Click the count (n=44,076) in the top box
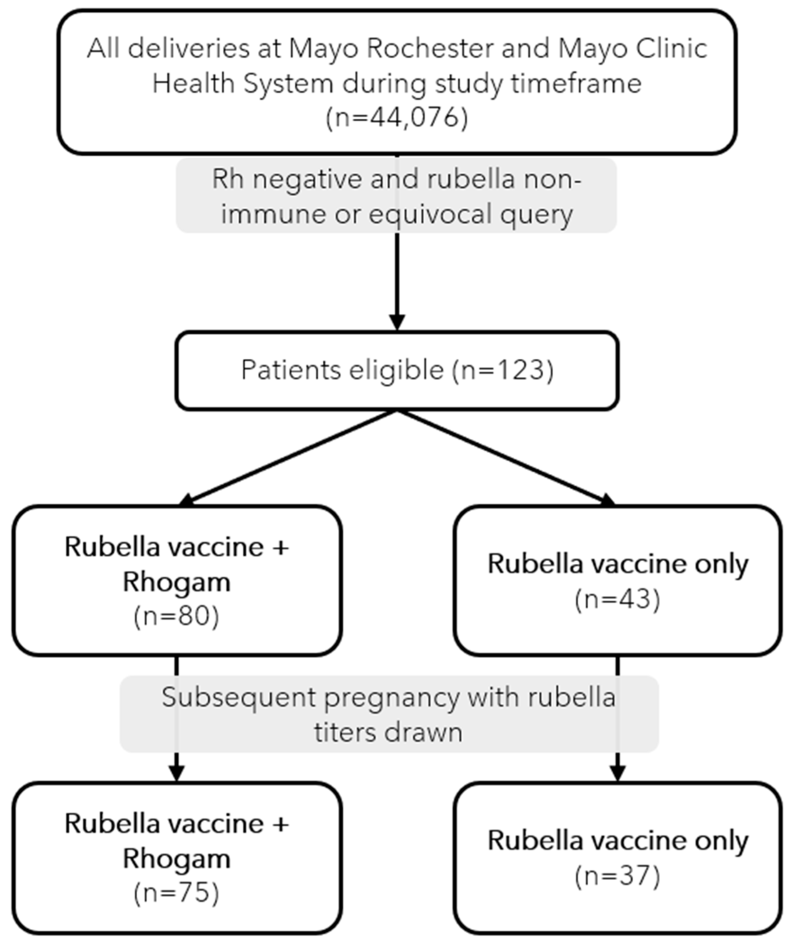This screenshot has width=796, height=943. coord(397,118)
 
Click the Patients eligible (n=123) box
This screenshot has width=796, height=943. coord(397,370)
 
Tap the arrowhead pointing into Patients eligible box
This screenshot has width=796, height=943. coord(397,322)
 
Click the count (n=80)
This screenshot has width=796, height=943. coord(176,616)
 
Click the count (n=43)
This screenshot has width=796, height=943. coord(617,599)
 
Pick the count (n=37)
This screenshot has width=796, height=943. coord(617,876)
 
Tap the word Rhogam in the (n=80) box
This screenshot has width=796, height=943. coord(176,582)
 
